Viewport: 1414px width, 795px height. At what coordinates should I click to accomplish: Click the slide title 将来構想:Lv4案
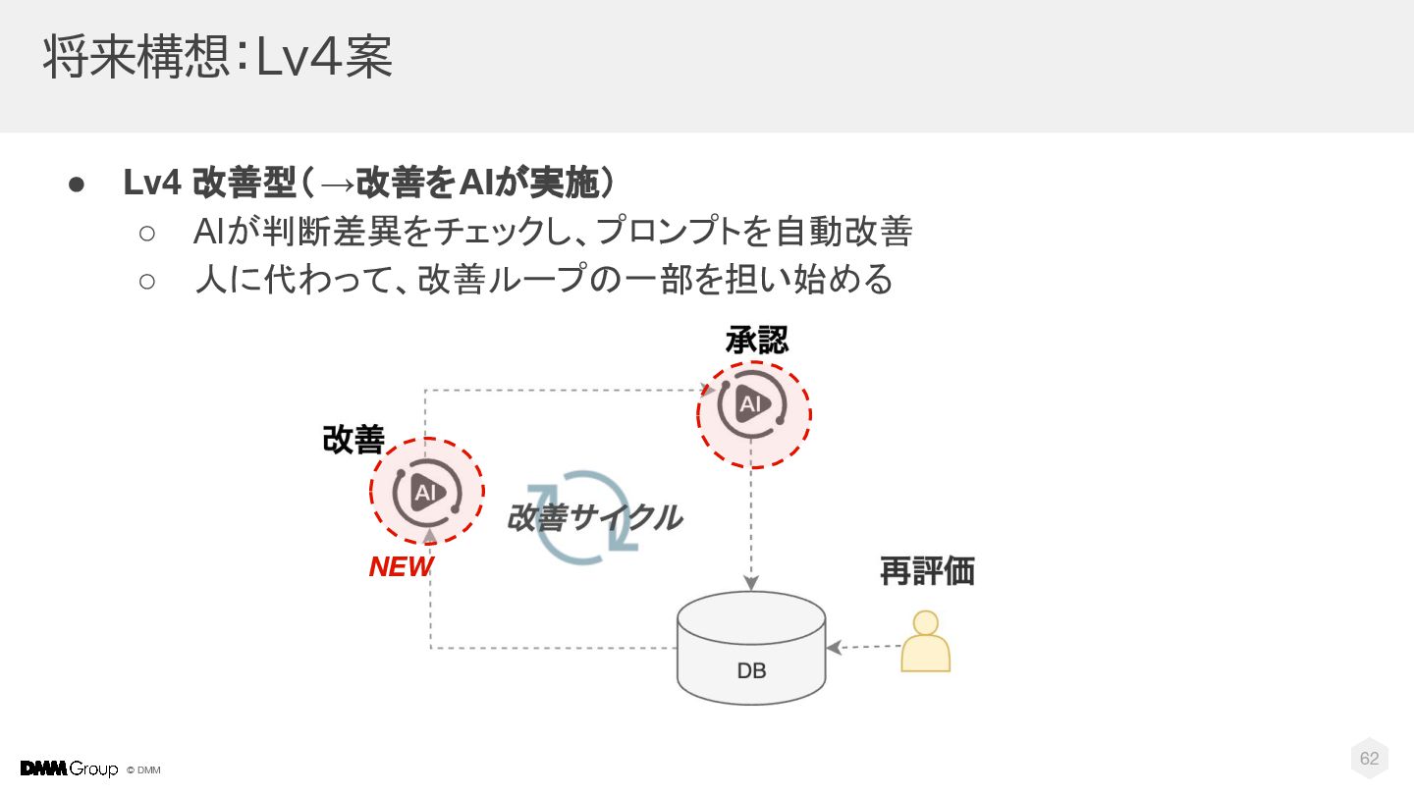[217, 58]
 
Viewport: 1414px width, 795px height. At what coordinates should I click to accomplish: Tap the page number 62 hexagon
[1369, 759]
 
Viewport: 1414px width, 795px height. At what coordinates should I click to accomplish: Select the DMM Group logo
[69, 768]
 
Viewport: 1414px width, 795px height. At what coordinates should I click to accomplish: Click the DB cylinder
[751, 648]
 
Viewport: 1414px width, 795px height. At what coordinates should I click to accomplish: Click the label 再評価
[926, 571]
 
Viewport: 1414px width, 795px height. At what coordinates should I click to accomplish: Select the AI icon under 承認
[751, 404]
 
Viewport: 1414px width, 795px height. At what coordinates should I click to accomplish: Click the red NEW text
[401, 567]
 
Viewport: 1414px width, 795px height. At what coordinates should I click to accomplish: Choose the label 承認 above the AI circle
[756, 340]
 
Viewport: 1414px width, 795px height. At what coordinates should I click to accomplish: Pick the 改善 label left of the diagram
[353, 441]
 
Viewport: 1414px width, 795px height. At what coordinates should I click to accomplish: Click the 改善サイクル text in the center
[593, 517]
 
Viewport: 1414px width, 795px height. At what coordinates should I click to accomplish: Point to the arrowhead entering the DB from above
[751, 583]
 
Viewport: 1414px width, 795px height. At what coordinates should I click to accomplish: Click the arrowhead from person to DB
[834, 648]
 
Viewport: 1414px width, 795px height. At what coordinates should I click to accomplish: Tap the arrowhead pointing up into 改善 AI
[429, 536]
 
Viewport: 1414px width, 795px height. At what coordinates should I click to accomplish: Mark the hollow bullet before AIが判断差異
[147, 233]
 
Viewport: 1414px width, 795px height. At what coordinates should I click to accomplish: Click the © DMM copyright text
[143, 769]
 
